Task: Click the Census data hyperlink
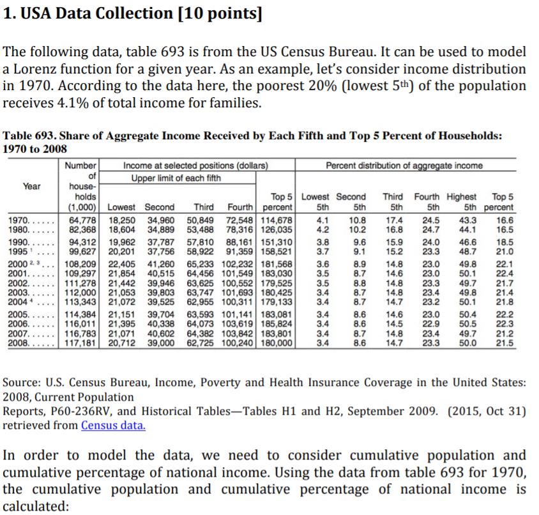[x=113, y=426]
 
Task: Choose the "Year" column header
[x=31, y=186]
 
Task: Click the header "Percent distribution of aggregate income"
[x=404, y=166]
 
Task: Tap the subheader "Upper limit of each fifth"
[x=176, y=177]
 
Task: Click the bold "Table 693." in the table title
[x=32, y=135]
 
